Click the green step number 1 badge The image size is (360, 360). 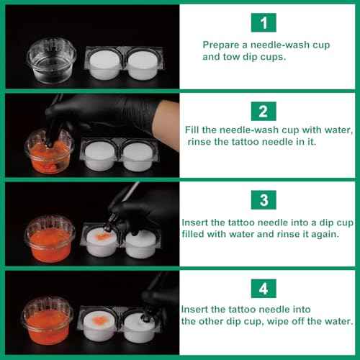click(264, 23)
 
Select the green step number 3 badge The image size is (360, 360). click(264, 199)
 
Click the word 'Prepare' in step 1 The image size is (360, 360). click(221, 45)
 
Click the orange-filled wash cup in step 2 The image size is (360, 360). click(50, 148)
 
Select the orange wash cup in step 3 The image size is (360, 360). click(50, 238)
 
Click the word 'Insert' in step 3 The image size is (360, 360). click(195, 222)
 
